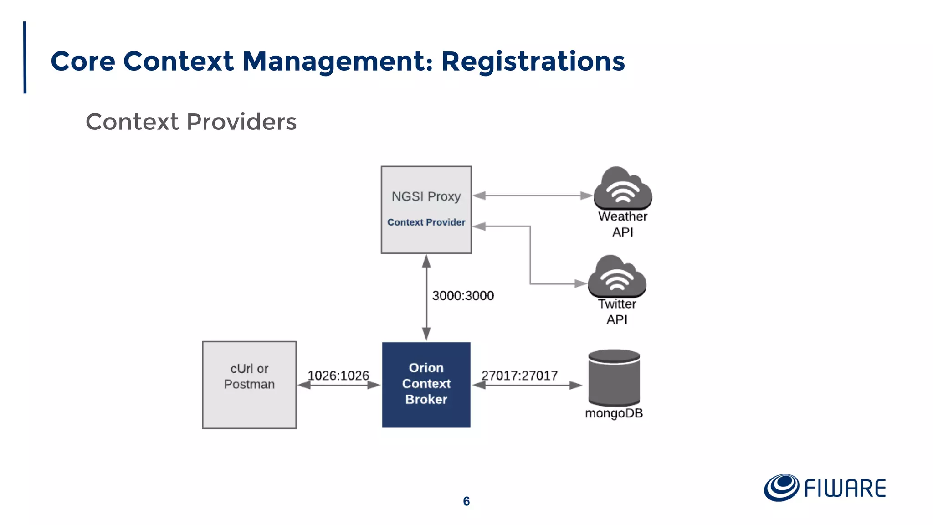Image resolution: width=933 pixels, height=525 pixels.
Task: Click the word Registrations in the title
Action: (533, 62)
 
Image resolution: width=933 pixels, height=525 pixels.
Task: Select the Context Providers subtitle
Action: (191, 122)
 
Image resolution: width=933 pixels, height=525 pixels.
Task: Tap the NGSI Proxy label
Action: (426, 196)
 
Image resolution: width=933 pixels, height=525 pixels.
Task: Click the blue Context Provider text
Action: (426, 222)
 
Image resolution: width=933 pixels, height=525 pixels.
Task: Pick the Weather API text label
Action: (622, 224)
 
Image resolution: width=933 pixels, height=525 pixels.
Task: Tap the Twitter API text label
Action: (617, 312)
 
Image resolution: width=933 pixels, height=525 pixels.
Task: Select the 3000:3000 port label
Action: (463, 296)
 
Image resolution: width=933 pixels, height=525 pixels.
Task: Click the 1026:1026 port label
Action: (338, 376)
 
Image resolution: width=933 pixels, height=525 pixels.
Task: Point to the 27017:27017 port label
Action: (519, 376)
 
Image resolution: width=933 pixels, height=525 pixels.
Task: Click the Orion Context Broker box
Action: (426, 384)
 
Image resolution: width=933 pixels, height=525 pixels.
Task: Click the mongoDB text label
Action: (614, 413)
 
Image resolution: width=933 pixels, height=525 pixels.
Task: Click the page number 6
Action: (466, 501)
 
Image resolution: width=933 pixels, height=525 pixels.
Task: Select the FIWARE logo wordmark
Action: (845, 489)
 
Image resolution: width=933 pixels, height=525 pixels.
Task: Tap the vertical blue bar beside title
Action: (25, 57)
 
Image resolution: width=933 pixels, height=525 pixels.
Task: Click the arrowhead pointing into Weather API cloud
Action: (587, 196)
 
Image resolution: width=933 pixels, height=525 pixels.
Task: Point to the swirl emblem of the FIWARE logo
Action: (781, 488)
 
